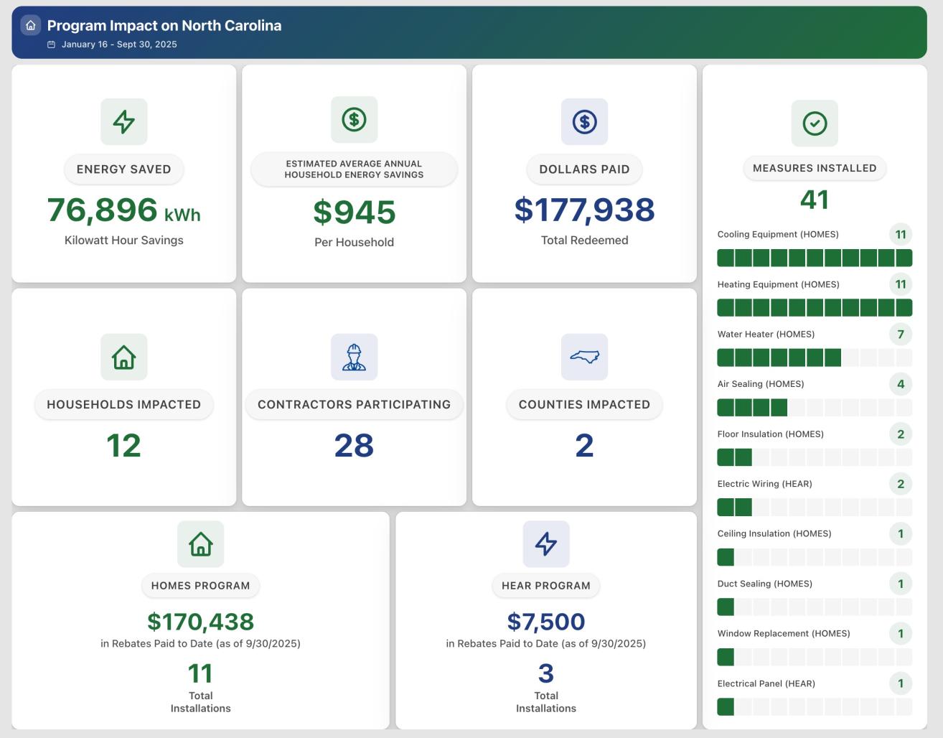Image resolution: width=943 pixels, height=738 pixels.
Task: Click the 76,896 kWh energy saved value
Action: pyautogui.click(x=123, y=210)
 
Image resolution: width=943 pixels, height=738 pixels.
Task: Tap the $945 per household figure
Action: pyautogui.click(x=354, y=212)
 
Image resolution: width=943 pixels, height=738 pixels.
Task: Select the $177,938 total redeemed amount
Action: pyautogui.click(x=584, y=210)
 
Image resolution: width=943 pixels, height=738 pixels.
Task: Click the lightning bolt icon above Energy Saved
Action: pyautogui.click(x=124, y=121)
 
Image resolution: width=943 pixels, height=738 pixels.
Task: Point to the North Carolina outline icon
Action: pyautogui.click(x=584, y=357)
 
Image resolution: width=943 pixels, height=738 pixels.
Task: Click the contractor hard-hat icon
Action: pyautogui.click(x=354, y=357)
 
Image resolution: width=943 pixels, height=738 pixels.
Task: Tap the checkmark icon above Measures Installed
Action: pyautogui.click(x=815, y=123)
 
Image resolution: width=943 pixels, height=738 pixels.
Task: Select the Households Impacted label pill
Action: pyautogui.click(x=123, y=404)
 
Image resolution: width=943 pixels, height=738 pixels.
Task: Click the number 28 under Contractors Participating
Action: pyautogui.click(x=354, y=446)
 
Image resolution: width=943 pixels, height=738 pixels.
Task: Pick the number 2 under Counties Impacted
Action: pyautogui.click(x=584, y=446)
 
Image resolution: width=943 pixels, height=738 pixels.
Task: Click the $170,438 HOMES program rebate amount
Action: pyautogui.click(x=200, y=621)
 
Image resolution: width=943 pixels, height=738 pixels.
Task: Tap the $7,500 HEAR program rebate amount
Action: pyautogui.click(x=545, y=621)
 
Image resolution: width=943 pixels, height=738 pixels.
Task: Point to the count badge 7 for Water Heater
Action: pyautogui.click(x=901, y=334)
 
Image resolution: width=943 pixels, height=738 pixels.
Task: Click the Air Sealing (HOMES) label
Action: pyautogui.click(x=760, y=384)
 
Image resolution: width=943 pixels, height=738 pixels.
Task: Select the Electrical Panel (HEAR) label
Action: pyautogui.click(x=766, y=683)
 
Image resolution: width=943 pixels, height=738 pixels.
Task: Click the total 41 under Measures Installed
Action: pyautogui.click(x=815, y=200)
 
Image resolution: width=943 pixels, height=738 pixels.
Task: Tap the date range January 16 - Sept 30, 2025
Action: pyautogui.click(x=119, y=45)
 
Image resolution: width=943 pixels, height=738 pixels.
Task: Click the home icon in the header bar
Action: pyautogui.click(x=30, y=26)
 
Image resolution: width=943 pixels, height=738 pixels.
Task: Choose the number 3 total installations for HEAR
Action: pyautogui.click(x=545, y=673)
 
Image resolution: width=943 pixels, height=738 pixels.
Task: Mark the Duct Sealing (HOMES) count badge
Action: pyautogui.click(x=901, y=584)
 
